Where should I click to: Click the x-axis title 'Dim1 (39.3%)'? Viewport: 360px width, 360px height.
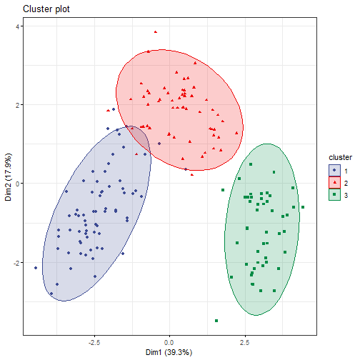coord(169,352)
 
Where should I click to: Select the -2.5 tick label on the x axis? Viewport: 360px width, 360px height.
coord(94,341)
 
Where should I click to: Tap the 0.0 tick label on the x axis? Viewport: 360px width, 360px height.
coord(170,341)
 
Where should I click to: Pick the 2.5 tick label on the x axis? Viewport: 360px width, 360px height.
coord(245,341)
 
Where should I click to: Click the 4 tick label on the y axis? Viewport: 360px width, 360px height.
coord(19,26)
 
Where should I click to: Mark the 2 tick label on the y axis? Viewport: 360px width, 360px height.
coord(19,105)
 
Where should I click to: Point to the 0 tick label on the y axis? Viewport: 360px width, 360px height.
coord(19,184)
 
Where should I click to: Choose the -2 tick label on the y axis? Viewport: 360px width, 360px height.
coord(18,262)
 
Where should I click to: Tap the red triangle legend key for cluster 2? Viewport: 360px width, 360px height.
coord(334,182)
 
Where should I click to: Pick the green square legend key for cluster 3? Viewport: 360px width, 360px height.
coord(334,194)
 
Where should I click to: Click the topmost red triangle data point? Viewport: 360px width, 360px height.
coord(155,31)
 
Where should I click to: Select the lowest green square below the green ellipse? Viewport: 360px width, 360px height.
coord(216,321)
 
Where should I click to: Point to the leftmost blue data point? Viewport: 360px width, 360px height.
coord(36,268)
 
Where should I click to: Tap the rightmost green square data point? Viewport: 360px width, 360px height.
coord(303,207)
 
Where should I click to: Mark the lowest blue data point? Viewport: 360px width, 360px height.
coord(51,293)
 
